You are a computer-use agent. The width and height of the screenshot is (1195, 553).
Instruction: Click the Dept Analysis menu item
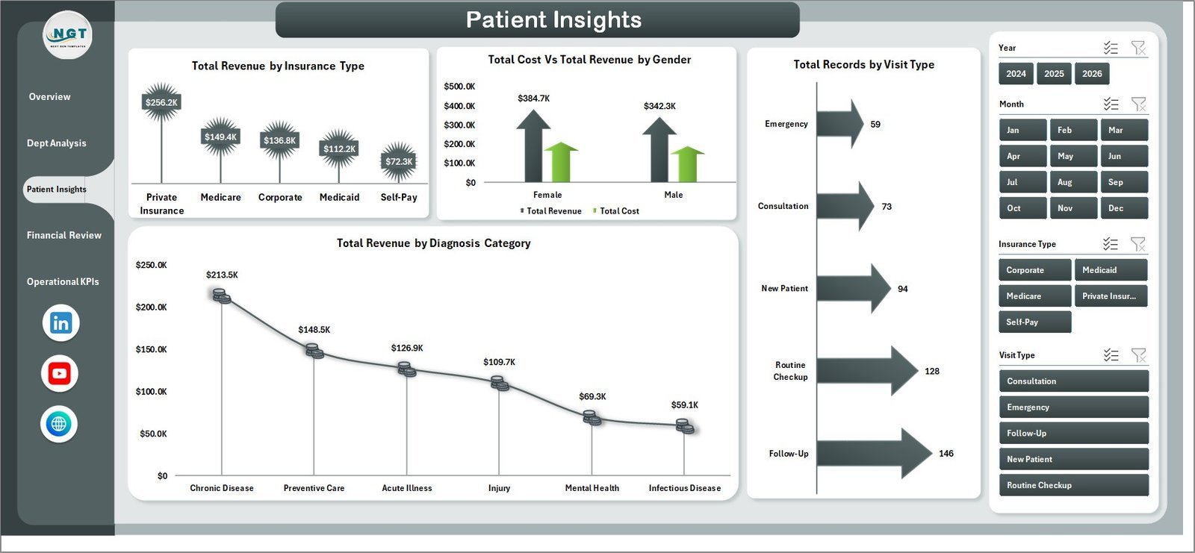tap(57, 143)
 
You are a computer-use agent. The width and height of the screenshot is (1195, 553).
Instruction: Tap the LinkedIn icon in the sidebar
tap(60, 323)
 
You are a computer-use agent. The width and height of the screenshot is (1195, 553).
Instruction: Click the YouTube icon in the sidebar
tap(60, 373)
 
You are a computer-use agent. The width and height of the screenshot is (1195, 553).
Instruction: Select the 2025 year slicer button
tap(1054, 74)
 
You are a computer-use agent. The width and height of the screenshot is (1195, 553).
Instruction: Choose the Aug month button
tap(1073, 182)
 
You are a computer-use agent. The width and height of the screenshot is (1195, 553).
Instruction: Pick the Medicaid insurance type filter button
tap(1110, 270)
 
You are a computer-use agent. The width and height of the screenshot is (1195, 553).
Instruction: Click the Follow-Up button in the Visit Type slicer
tap(1073, 434)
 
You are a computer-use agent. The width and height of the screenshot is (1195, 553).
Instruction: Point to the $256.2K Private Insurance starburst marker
tap(161, 102)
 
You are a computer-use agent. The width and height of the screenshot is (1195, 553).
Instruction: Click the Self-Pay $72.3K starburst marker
tap(399, 161)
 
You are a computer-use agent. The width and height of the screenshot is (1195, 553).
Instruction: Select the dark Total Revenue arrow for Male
tap(659, 149)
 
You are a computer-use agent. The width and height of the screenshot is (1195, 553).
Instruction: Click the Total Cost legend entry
tap(618, 211)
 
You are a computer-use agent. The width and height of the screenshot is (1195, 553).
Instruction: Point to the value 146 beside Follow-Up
tap(946, 454)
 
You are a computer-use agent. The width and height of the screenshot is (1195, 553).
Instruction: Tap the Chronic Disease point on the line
tap(221, 296)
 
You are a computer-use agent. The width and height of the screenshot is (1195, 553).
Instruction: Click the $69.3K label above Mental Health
tap(592, 396)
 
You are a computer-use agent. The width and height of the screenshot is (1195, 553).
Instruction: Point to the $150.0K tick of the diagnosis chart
tap(151, 349)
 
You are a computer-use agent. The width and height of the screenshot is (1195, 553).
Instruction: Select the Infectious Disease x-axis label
tap(684, 488)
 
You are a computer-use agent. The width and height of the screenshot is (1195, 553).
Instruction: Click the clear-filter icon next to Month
tap(1138, 104)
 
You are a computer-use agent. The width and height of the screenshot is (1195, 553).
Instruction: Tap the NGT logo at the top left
tap(68, 35)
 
